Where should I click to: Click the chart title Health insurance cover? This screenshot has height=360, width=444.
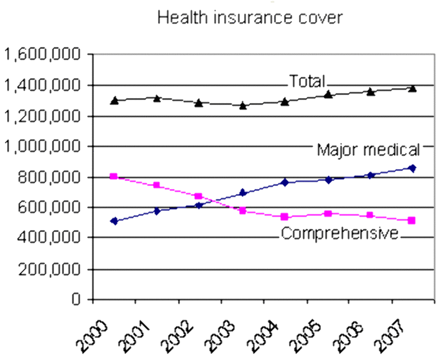[x=250, y=17]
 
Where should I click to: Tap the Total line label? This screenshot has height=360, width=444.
[x=306, y=81]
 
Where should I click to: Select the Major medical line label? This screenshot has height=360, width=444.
[x=369, y=149]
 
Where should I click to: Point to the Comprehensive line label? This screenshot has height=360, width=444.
[x=340, y=233]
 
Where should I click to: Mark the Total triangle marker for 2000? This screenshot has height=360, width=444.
[x=114, y=100]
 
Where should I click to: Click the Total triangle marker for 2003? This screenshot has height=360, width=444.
[x=243, y=105]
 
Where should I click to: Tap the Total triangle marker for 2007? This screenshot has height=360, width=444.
[x=412, y=88]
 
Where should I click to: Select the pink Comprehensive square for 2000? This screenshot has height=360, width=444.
[x=114, y=176]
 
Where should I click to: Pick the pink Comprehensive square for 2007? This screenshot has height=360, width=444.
[x=412, y=221]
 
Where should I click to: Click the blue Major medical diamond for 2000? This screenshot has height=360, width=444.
[x=114, y=221]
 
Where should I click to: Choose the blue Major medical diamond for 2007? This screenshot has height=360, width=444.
[x=412, y=168]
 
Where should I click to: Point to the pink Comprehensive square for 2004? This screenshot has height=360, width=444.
[x=285, y=217]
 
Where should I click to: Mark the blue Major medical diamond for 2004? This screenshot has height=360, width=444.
[x=285, y=182]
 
